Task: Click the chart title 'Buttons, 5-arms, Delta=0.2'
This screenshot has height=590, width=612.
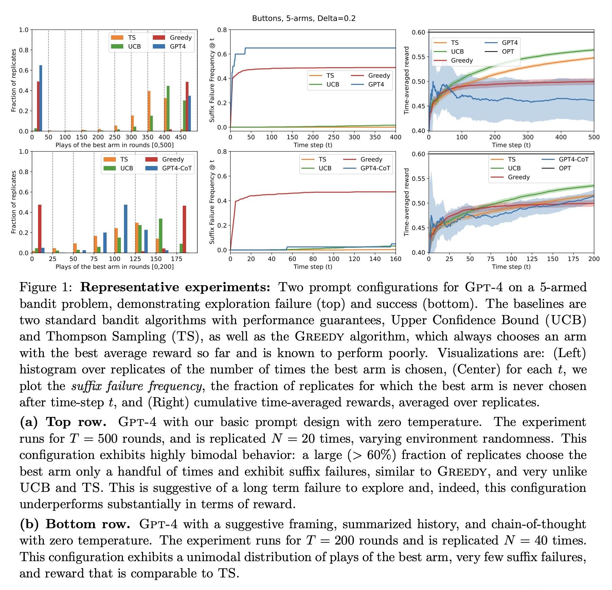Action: click(304, 18)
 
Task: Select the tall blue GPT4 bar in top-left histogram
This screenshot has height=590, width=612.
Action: click(41, 98)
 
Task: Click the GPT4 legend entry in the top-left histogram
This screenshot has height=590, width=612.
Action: click(177, 47)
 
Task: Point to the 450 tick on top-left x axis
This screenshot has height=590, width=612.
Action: click(181, 137)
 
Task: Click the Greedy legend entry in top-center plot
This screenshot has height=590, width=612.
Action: click(379, 76)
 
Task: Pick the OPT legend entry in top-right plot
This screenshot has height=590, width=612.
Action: click(508, 52)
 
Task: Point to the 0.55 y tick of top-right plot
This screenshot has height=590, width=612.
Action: click(418, 57)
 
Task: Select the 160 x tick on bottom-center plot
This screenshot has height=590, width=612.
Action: click(395, 259)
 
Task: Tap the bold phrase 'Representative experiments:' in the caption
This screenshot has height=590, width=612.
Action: click(175, 288)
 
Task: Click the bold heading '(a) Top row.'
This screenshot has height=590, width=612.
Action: click(63, 422)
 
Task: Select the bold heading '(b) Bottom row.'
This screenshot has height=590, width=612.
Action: click(75, 524)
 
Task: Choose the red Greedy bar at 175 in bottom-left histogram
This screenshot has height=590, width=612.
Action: click(184, 229)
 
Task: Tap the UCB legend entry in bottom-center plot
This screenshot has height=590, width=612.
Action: click(325, 168)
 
